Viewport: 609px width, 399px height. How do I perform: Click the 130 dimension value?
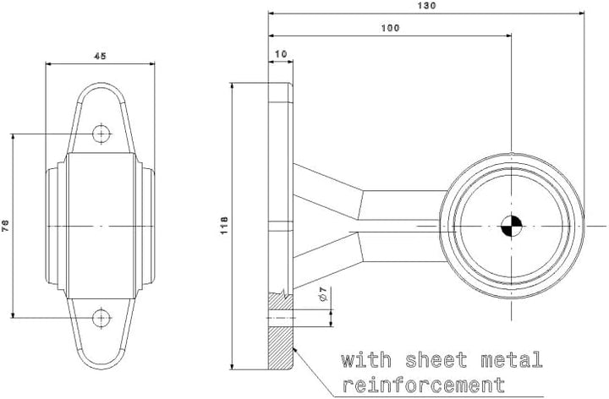427,5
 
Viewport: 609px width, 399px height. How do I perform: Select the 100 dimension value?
390,28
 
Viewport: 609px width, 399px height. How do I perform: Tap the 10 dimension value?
281,53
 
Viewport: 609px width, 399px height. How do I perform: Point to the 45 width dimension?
100,56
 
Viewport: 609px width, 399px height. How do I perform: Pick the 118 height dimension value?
224,226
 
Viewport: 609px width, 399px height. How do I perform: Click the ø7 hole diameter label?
323,294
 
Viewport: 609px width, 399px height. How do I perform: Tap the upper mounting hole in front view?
101,134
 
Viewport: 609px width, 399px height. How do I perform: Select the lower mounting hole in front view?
101,318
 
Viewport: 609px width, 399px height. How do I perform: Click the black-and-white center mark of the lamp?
512,226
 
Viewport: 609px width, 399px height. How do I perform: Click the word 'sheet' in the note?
436,360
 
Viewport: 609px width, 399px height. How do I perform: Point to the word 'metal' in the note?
511,360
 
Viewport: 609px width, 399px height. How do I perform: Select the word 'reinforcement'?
423,385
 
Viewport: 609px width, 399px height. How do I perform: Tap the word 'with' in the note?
366,360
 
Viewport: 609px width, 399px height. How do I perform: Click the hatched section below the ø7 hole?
281,348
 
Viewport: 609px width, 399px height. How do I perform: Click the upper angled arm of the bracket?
328,190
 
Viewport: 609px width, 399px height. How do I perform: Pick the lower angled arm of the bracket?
328,260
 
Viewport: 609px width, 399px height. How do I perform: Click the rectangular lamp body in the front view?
101,226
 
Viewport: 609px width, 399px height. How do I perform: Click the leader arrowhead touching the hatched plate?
295,350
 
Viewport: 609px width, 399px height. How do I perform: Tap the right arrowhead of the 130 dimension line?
581,14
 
